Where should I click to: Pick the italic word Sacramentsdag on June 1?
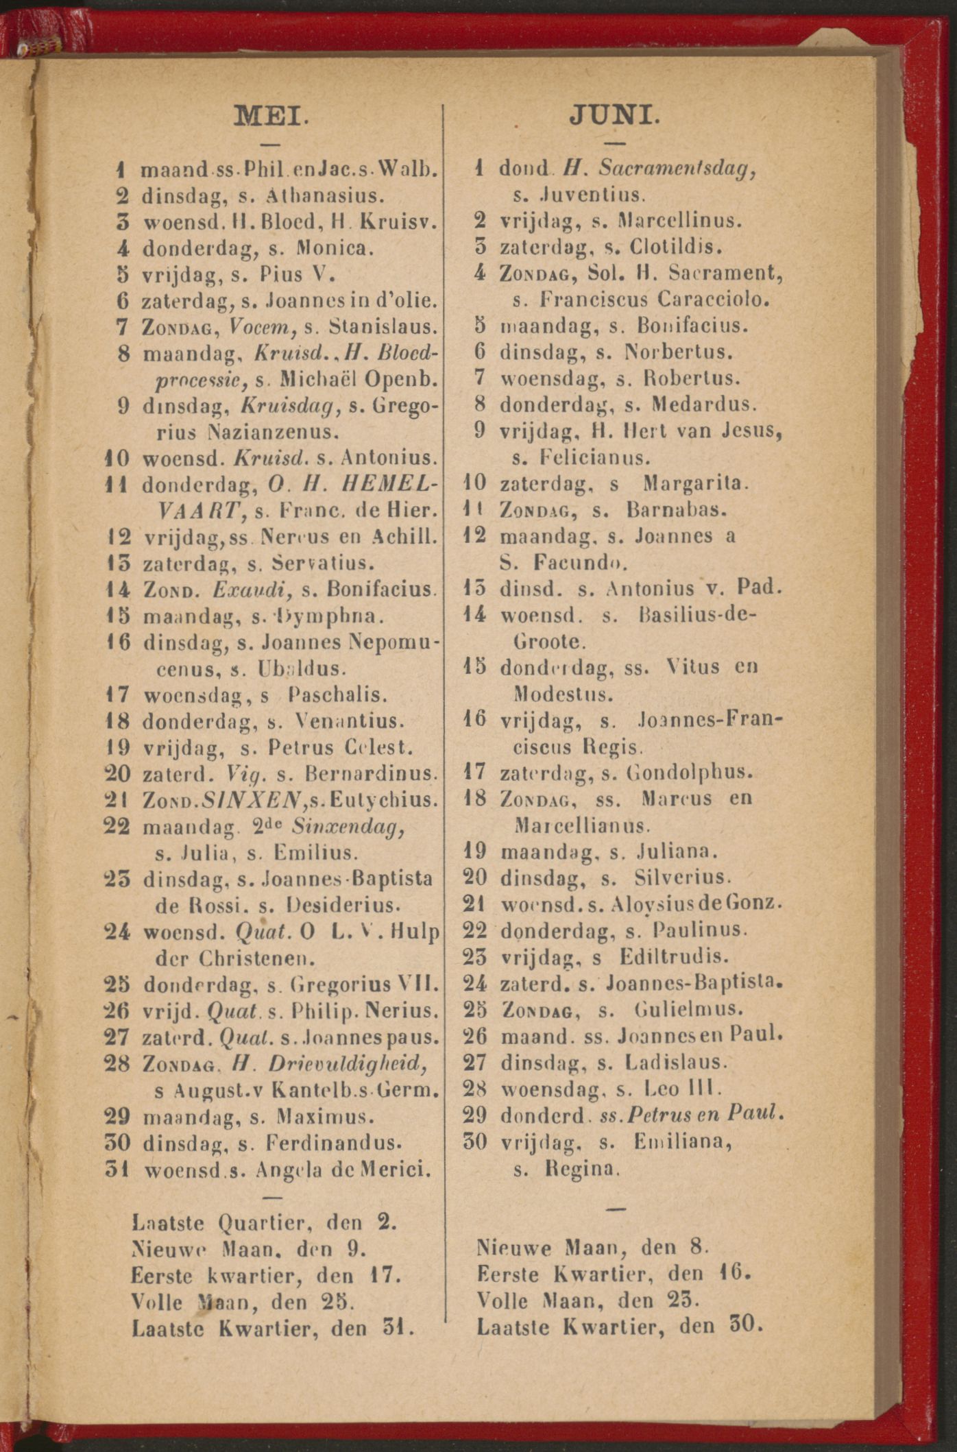click(677, 169)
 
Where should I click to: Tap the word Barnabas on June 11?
click(677, 510)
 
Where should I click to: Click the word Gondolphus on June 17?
click(690, 773)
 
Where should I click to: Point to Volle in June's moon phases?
click(502, 1300)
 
